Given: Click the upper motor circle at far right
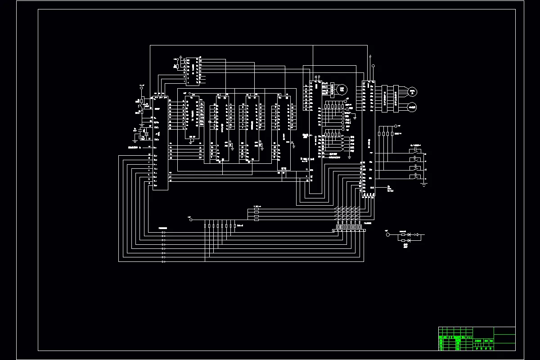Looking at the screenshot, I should click(x=412, y=92).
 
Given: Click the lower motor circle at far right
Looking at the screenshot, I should click(x=412, y=107).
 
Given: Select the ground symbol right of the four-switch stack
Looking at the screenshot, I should click(x=425, y=184).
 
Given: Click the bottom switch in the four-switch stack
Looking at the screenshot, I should click(x=413, y=178).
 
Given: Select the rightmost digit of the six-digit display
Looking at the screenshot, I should click(x=360, y=227).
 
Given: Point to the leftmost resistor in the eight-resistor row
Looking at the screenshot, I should click(x=206, y=226).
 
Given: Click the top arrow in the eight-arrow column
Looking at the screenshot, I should click(x=163, y=233).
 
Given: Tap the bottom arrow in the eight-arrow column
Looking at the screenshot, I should click(x=163, y=261).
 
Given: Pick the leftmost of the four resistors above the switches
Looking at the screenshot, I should click(x=379, y=134).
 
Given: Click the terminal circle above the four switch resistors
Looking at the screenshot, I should click(x=396, y=126).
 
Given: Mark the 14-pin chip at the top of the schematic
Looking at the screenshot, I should click(x=193, y=71).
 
